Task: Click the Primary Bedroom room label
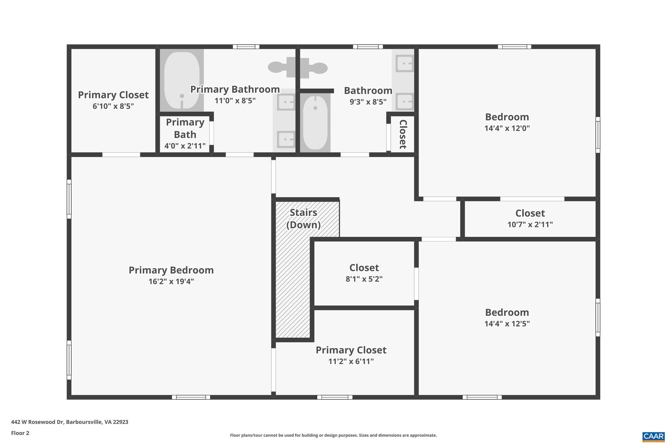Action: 171,270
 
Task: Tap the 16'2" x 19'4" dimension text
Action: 171,281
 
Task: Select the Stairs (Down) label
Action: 303,219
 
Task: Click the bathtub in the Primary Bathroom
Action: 182,80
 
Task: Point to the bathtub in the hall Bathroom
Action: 315,122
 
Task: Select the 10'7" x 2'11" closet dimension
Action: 530,224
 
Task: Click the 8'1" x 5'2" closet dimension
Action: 364,279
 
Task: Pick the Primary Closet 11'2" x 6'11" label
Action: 351,350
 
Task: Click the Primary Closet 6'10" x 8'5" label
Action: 113,95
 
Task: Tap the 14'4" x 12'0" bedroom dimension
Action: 507,128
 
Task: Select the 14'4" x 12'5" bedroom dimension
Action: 507,324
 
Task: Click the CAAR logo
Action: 653,436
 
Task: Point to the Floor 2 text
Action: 20,433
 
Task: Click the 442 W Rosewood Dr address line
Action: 69,422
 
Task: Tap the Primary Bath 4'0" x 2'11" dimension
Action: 185,146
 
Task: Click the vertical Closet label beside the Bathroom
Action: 403,134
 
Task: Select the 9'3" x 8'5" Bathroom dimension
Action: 368,102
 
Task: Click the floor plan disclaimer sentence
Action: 333,435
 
